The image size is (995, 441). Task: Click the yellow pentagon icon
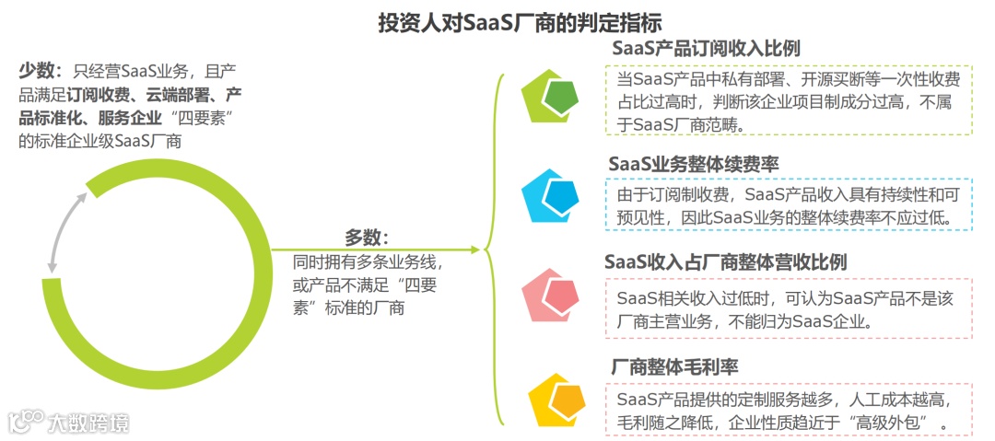coord(557,399)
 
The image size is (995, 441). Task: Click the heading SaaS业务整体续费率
coord(693,164)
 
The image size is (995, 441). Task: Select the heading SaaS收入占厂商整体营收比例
coord(725,262)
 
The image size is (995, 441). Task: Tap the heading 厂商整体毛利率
coord(674,367)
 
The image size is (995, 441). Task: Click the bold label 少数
coord(37,71)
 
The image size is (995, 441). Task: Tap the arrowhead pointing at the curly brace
coord(474,250)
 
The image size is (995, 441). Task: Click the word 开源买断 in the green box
coord(838,79)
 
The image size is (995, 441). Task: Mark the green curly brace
coord(495,250)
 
